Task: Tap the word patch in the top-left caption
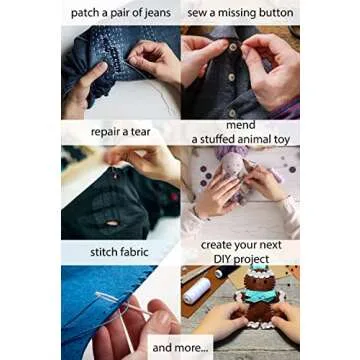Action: tap(86, 13)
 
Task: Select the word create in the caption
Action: tap(221, 244)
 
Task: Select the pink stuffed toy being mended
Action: tap(245, 185)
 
